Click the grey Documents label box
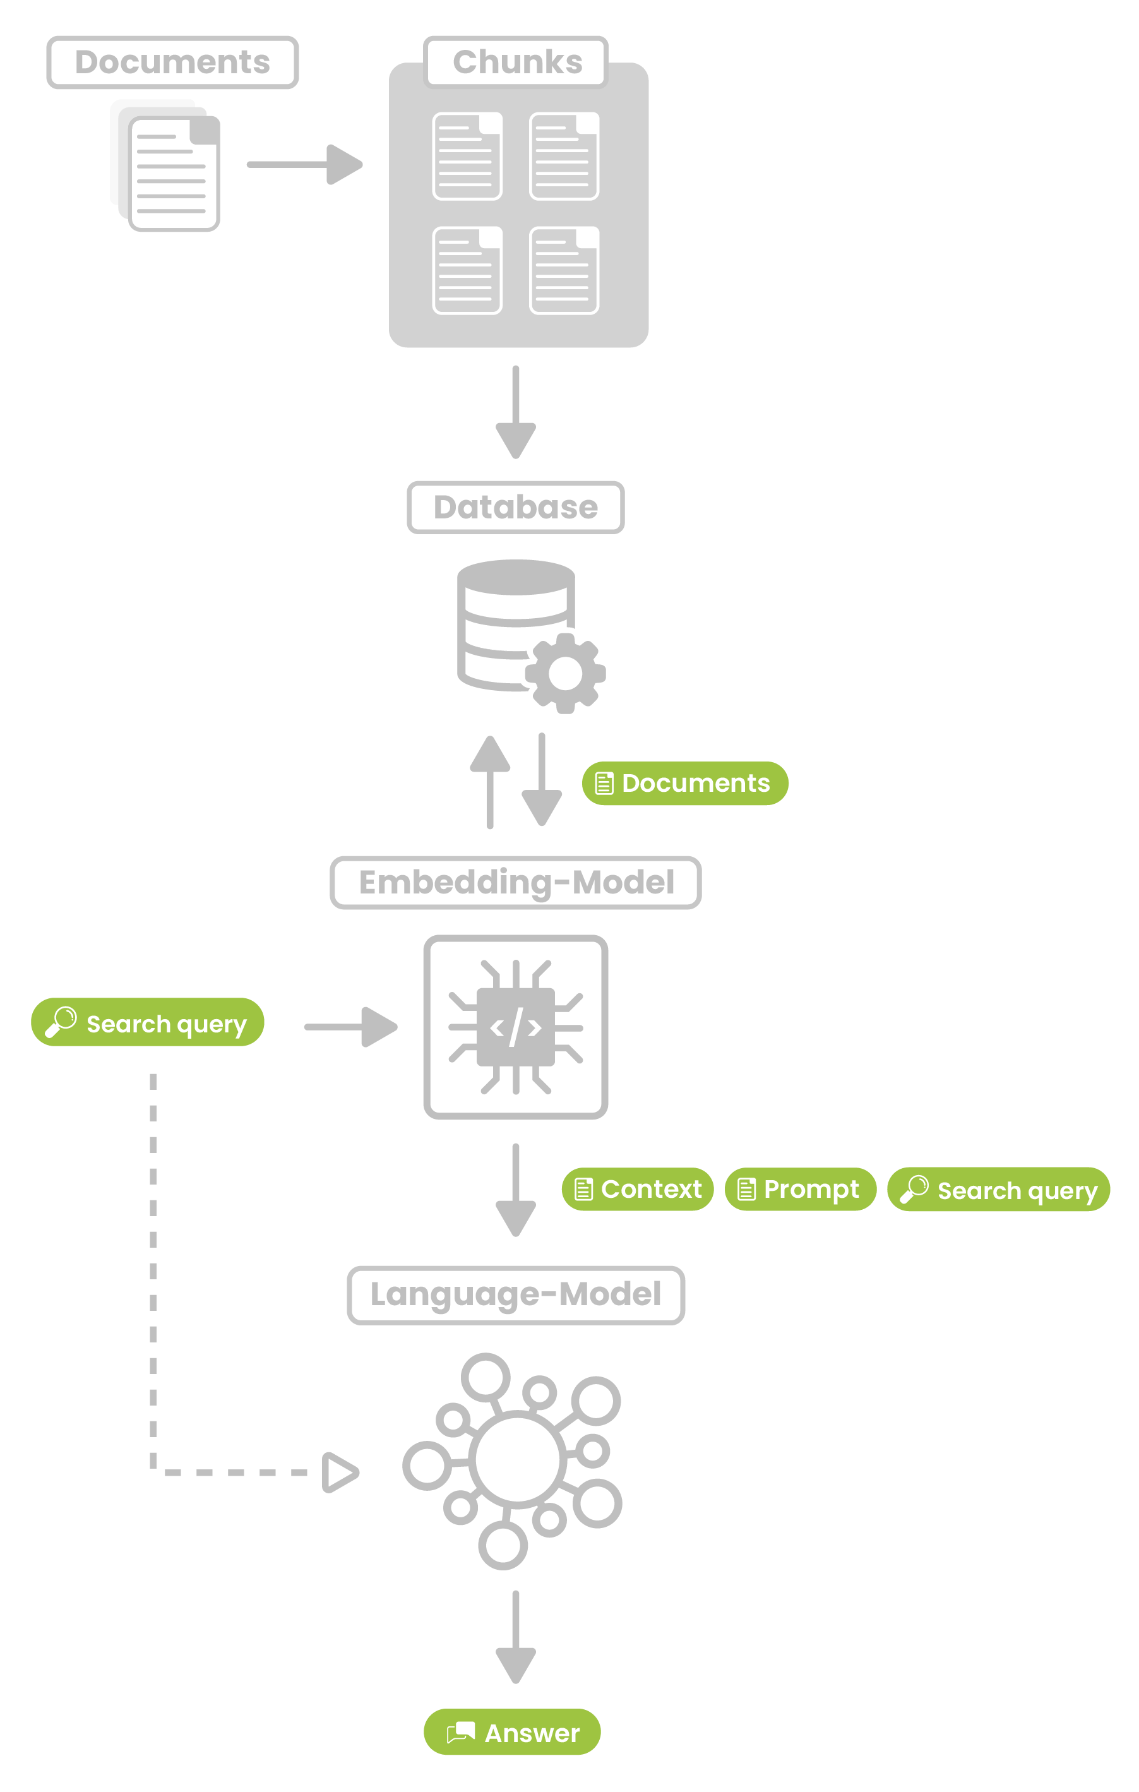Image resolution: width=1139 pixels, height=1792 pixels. coord(172,63)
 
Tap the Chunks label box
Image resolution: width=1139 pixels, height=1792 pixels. coord(516,63)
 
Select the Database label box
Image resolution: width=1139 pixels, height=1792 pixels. coord(516,508)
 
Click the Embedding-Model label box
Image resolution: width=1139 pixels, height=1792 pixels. coord(516,883)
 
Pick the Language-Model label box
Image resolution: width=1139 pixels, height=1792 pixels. coord(516,1295)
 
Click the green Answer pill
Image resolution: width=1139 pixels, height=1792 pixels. coord(512,1733)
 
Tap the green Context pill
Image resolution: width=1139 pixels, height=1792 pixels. coord(638,1189)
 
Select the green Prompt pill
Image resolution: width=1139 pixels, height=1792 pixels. coord(801,1189)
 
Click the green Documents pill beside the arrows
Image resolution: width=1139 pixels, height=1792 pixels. coord(684,783)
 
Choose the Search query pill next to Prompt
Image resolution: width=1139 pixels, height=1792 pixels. coord(998,1189)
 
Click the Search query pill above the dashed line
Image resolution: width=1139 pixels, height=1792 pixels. coord(147,1022)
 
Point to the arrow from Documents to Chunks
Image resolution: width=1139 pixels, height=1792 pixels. coord(305,164)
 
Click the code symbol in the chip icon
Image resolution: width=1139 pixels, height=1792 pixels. coord(516,1027)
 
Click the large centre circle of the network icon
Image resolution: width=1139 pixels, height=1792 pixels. coord(517,1459)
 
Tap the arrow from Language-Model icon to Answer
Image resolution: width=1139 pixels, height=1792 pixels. coord(516,1637)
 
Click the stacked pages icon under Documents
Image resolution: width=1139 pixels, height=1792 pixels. coord(165,166)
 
